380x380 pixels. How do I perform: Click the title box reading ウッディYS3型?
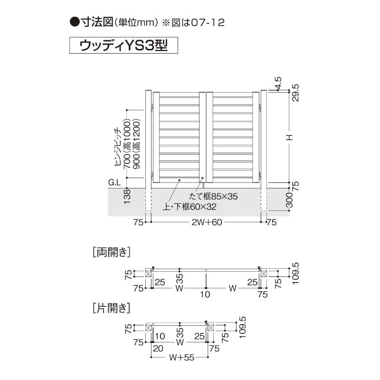click(123, 45)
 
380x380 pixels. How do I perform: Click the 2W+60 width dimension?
click(207, 222)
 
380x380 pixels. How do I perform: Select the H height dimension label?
click(290, 137)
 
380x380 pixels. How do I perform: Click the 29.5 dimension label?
click(295, 93)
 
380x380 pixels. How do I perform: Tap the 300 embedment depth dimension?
click(290, 200)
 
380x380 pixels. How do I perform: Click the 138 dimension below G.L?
click(127, 197)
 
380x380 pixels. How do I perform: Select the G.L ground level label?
click(114, 182)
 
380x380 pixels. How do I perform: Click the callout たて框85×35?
click(213, 196)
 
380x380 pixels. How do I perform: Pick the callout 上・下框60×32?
click(190, 207)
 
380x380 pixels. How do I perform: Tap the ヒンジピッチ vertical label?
click(118, 147)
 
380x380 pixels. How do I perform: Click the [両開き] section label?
click(112, 252)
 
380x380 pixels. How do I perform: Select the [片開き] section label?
click(112, 308)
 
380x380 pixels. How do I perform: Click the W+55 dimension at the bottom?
click(182, 358)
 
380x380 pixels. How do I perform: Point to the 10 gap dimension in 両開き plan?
click(205, 294)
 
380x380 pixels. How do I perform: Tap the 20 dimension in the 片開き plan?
click(158, 349)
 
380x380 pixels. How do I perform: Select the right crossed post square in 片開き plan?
click(211, 328)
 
